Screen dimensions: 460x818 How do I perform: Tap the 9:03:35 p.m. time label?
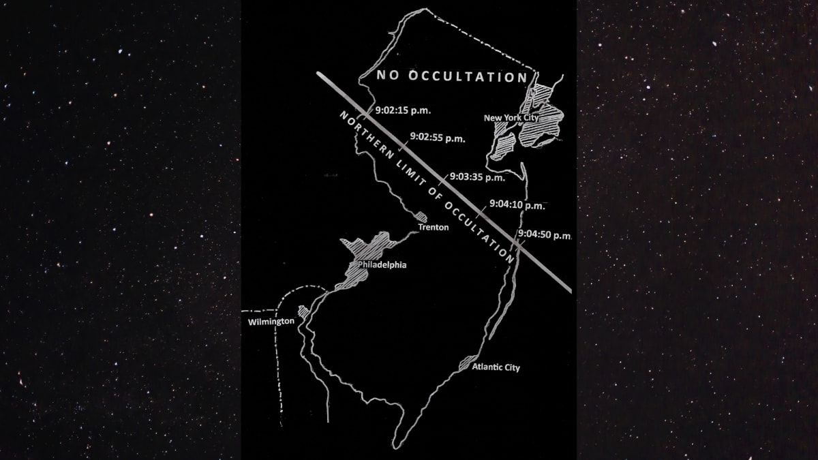pyautogui.click(x=477, y=178)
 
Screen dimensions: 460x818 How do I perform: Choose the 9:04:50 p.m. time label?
pyautogui.click(x=544, y=235)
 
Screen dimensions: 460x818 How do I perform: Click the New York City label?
pyautogui.click(x=511, y=118)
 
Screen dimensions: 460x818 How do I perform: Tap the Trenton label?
pyautogui.click(x=433, y=227)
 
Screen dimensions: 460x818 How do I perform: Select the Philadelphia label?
pyautogui.click(x=382, y=264)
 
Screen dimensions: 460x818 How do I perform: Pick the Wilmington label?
pyautogui.click(x=271, y=320)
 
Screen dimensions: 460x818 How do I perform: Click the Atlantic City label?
pyautogui.click(x=496, y=368)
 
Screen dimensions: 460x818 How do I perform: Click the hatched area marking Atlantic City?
pyautogui.click(x=468, y=362)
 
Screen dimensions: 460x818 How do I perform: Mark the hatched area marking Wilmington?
pyautogui.click(x=303, y=312)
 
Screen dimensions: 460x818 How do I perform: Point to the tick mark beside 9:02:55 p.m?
pyautogui.click(x=404, y=145)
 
